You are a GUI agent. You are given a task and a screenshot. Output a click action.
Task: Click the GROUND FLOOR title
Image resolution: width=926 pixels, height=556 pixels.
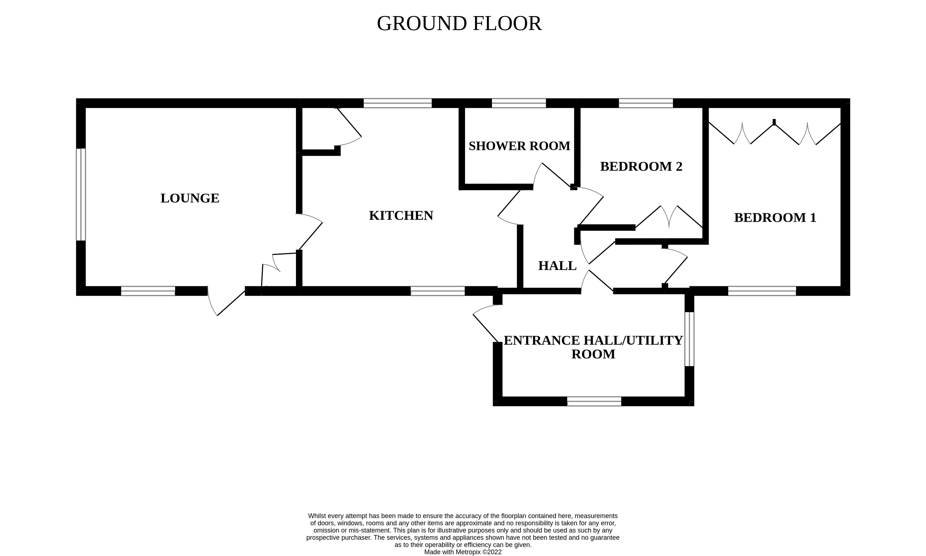pyautogui.click(x=459, y=23)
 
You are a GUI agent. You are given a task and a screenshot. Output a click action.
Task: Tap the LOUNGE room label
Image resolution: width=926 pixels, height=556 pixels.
pyautogui.click(x=190, y=198)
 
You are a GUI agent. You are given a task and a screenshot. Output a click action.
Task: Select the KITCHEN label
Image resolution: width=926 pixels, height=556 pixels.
pyautogui.click(x=401, y=215)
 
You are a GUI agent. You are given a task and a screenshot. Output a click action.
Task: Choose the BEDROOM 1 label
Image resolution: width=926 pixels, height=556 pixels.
pyautogui.click(x=775, y=218)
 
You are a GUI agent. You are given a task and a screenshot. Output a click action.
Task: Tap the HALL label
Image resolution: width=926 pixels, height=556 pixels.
pyautogui.click(x=557, y=266)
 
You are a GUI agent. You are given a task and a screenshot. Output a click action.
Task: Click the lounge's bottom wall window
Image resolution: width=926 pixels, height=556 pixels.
pyautogui.click(x=148, y=291)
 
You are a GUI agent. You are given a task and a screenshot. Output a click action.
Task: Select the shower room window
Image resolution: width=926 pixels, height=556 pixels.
pyautogui.click(x=519, y=103)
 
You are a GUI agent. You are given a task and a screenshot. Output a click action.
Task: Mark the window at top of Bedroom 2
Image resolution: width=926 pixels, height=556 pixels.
pyautogui.click(x=646, y=103)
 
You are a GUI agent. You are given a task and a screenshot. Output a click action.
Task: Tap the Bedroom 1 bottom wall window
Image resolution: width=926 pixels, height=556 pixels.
pyautogui.click(x=762, y=291)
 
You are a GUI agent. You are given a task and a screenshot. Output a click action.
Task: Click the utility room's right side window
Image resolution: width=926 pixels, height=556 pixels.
pyautogui.click(x=689, y=339)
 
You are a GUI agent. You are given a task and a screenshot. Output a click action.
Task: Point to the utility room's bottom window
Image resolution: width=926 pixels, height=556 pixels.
pyautogui.click(x=594, y=401)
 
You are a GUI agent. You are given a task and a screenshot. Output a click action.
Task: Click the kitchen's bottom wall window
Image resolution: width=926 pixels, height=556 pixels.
pyautogui.click(x=438, y=291)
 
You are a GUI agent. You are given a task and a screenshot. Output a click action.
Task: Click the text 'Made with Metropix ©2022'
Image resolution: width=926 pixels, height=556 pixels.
pyautogui.click(x=463, y=552)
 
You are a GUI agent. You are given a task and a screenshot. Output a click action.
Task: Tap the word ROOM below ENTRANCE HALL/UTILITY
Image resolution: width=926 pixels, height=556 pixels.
pyautogui.click(x=593, y=354)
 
